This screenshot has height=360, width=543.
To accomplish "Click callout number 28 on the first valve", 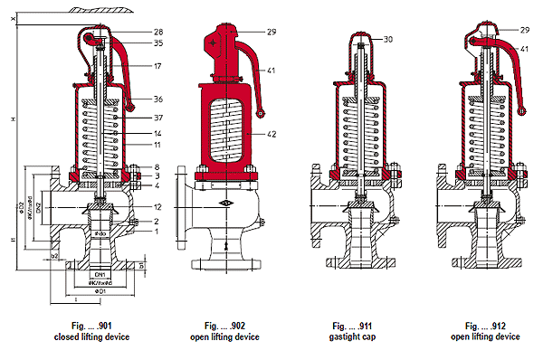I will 158,32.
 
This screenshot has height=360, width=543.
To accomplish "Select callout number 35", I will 158,43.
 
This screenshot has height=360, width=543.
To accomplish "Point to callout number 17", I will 158,65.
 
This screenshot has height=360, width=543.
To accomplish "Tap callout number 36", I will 158,99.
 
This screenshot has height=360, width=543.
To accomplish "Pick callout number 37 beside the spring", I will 158,118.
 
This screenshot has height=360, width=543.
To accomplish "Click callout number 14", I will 158,132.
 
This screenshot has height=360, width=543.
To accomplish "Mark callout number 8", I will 158,166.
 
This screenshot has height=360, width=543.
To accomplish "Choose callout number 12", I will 158,208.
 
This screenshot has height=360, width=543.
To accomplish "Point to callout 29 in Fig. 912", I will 525,31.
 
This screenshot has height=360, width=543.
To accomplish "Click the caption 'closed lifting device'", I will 92,336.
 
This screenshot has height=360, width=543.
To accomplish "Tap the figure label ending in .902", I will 225,325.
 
